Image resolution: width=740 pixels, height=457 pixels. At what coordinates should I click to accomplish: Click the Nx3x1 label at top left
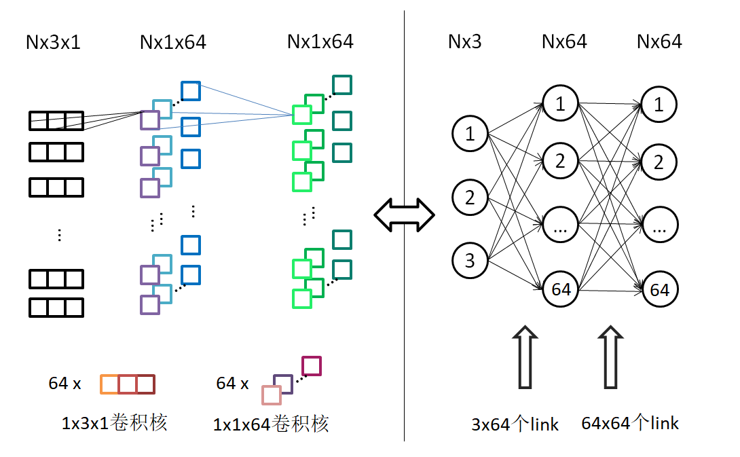tap(53, 43)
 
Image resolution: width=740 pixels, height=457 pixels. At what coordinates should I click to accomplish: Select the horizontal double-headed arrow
tap(405, 216)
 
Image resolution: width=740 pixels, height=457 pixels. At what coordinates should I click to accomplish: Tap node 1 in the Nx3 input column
tap(470, 134)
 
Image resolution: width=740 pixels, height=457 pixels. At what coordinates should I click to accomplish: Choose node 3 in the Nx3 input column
tap(470, 261)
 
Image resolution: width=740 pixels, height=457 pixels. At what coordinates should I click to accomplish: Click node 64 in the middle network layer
tap(560, 289)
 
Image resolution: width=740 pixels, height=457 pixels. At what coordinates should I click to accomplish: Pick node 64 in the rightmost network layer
tap(659, 290)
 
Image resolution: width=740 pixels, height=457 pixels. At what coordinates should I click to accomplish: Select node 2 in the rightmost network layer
tap(659, 162)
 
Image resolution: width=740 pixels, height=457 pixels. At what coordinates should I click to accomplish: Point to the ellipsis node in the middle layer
tap(560, 226)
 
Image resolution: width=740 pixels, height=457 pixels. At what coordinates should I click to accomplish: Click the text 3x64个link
tap(515, 424)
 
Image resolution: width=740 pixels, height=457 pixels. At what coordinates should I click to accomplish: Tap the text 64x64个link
tap(630, 423)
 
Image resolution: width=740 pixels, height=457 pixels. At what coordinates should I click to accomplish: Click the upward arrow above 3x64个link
tap(525, 357)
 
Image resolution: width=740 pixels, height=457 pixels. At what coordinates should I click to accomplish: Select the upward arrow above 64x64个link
tap(610, 357)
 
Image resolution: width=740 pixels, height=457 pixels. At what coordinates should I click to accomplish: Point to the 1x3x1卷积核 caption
tap(114, 423)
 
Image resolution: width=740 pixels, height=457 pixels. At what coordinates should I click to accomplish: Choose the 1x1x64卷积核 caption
tap(271, 424)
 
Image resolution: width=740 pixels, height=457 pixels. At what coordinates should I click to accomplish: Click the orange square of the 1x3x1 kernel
tap(109, 384)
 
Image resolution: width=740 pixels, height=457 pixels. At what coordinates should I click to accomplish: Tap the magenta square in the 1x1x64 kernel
tap(312, 366)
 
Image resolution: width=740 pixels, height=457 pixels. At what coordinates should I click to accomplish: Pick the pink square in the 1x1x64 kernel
tap(272, 395)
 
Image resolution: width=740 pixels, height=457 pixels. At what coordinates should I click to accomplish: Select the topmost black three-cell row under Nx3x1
tap(56, 121)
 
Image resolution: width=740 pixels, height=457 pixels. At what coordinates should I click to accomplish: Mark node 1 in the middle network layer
tap(560, 104)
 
